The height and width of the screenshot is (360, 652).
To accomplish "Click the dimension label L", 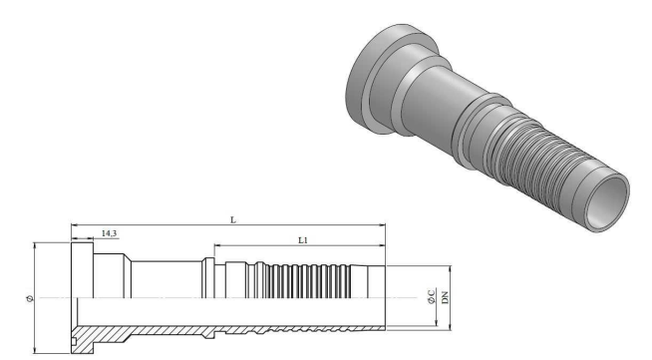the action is coord(233,220).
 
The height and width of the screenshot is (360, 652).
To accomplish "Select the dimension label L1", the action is coord(303,240).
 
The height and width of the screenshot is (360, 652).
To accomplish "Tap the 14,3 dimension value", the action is coord(109,233).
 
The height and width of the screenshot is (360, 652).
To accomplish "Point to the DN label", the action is coord(446,297).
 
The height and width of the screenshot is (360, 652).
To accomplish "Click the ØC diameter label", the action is coord(432,296).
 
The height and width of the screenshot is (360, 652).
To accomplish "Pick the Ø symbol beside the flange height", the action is coord(30,298).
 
